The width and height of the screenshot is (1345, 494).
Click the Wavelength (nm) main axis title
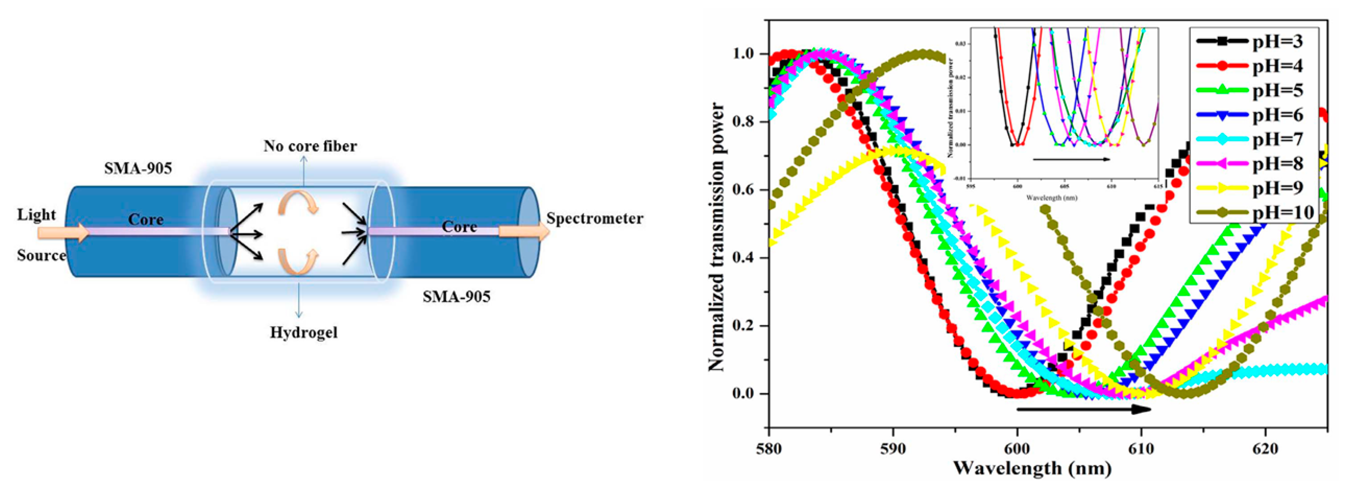[1032, 468]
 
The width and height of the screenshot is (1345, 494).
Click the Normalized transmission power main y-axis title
[716, 238]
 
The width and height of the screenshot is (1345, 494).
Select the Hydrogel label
[303, 333]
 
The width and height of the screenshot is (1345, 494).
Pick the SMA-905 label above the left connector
[138, 168]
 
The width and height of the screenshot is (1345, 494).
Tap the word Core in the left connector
[146, 219]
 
